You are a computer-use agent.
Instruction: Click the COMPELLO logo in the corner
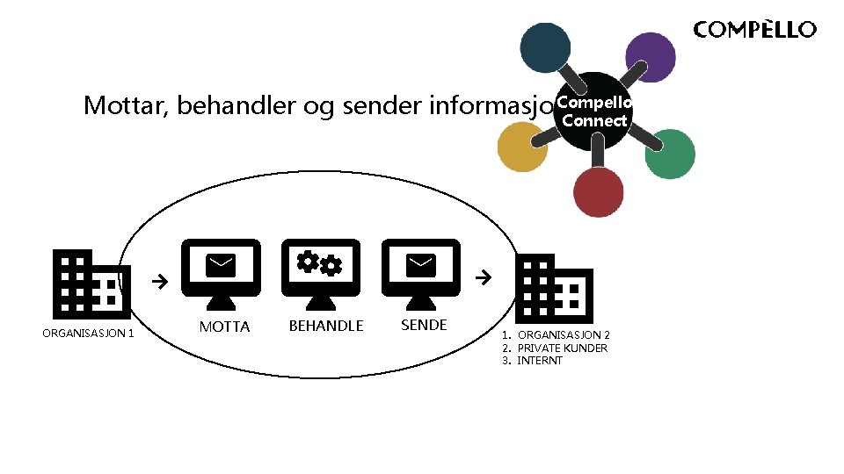(x=754, y=30)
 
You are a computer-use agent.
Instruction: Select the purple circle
(x=650, y=57)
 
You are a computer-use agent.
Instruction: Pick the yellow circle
(x=522, y=146)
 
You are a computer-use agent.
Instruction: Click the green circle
(x=670, y=154)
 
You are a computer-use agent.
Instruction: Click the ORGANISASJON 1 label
(x=88, y=333)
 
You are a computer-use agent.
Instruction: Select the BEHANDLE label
(x=326, y=327)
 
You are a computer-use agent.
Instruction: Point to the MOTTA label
(x=225, y=327)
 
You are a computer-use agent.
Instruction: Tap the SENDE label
(x=424, y=326)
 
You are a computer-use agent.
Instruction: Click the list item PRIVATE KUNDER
(x=562, y=348)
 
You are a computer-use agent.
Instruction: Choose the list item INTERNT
(x=539, y=361)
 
